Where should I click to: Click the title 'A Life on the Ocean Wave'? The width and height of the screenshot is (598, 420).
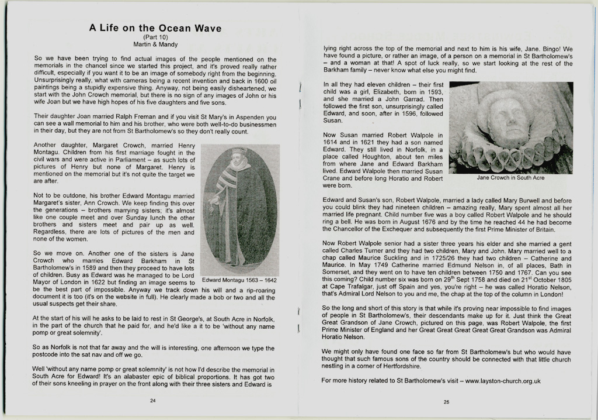click(x=155, y=28)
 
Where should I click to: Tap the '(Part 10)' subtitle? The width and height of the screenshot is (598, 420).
click(x=155, y=37)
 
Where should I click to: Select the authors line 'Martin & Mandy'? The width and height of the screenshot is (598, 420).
click(x=155, y=44)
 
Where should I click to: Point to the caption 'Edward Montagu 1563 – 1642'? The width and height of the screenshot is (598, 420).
click(x=239, y=280)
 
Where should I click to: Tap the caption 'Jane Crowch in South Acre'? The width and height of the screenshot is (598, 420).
click(x=510, y=177)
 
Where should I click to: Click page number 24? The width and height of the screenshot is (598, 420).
click(x=153, y=401)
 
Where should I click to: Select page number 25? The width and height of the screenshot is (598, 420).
click(x=446, y=402)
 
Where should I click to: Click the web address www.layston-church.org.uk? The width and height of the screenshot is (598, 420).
click(x=503, y=381)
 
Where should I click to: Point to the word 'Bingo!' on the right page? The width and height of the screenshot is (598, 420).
click(x=550, y=49)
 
